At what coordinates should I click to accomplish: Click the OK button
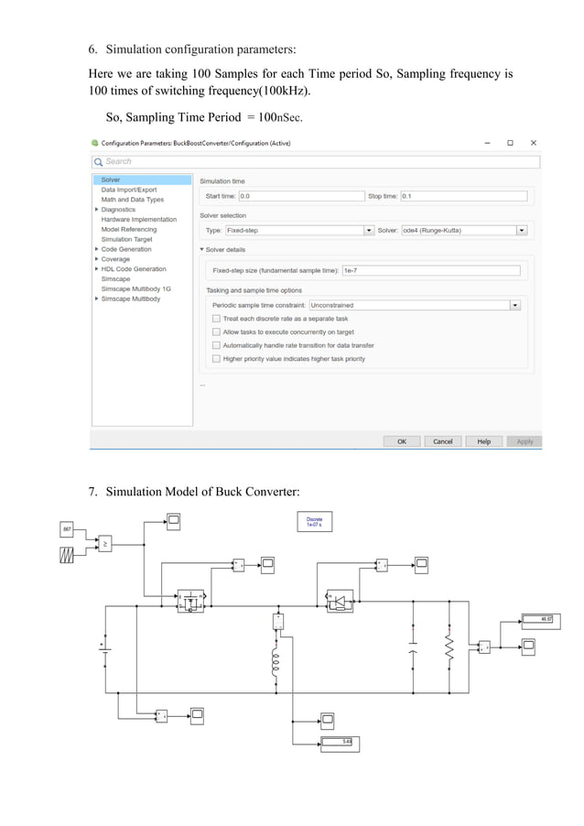[x=402, y=441]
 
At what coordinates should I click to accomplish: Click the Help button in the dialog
[x=484, y=441]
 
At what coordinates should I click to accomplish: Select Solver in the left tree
[x=111, y=179]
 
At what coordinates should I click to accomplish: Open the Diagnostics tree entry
[x=118, y=210]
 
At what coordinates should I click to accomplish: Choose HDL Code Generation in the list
[x=134, y=269]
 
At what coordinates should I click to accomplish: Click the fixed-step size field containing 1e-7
[x=430, y=271]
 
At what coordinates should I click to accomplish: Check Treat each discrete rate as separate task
[x=216, y=319]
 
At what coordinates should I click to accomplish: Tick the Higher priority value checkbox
[x=216, y=359]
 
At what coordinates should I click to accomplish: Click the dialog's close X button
[x=534, y=143]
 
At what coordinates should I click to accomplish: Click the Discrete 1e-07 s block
[x=314, y=521]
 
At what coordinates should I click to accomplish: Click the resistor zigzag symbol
[x=449, y=650]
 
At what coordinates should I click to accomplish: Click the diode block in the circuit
[x=339, y=601]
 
